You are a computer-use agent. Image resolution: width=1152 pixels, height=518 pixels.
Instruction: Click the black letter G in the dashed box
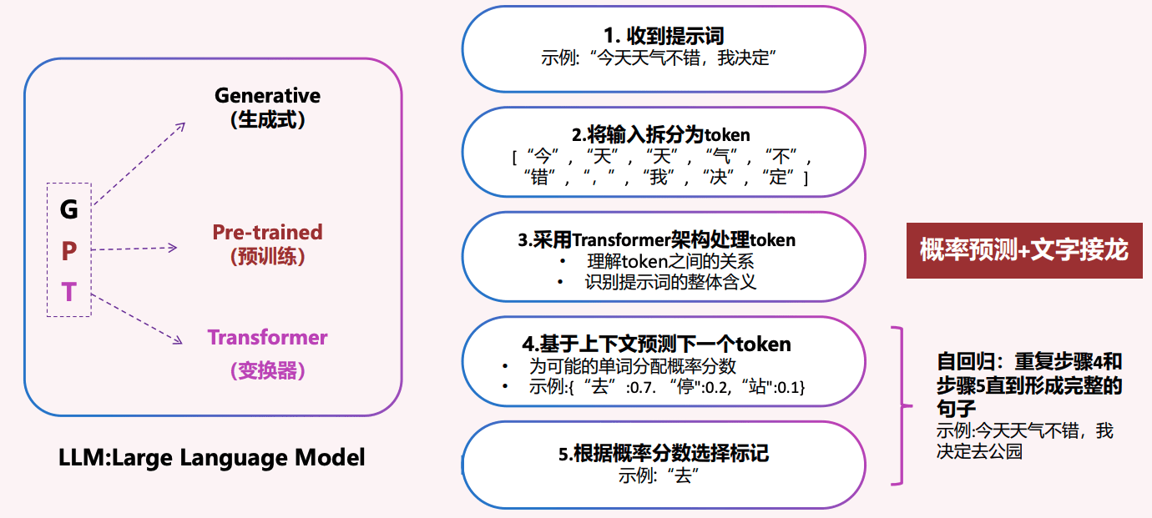click(x=68, y=209)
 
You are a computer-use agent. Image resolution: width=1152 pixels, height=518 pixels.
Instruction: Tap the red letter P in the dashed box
click(x=69, y=250)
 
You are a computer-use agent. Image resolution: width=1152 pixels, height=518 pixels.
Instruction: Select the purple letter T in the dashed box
click(x=69, y=292)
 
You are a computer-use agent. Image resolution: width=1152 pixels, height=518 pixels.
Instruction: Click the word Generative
click(x=267, y=96)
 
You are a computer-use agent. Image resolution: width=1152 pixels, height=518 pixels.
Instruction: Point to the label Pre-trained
click(x=267, y=232)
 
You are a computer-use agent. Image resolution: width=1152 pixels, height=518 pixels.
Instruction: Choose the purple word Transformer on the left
click(x=267, y=338)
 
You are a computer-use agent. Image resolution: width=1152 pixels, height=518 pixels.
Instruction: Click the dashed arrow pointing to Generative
click(x=140, y=163)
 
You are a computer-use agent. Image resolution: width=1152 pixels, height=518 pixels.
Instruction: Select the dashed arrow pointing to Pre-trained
click(x=134, y=248)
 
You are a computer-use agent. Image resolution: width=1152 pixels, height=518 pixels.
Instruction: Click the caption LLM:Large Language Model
click(x=212, y=458)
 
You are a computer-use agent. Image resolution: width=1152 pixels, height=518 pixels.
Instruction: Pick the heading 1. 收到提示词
click(x=664, y=36)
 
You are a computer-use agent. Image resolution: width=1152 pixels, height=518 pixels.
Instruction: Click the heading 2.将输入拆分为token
click(x=661, y=134)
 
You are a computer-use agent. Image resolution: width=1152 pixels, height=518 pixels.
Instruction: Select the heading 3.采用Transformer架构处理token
click(x=657, y=240)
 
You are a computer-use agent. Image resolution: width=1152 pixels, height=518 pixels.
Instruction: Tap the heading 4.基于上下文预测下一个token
click(x=656, y=344)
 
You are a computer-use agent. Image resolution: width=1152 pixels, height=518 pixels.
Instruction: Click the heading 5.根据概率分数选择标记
click(x=663, y=454)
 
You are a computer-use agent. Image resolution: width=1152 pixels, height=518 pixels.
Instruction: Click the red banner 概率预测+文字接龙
click(x=1023, y=249)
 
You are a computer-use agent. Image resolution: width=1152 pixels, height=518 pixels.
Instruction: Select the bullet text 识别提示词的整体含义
click(x=670, y=282)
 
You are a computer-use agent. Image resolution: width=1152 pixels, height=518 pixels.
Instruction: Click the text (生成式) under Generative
click(x=267, y=120)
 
